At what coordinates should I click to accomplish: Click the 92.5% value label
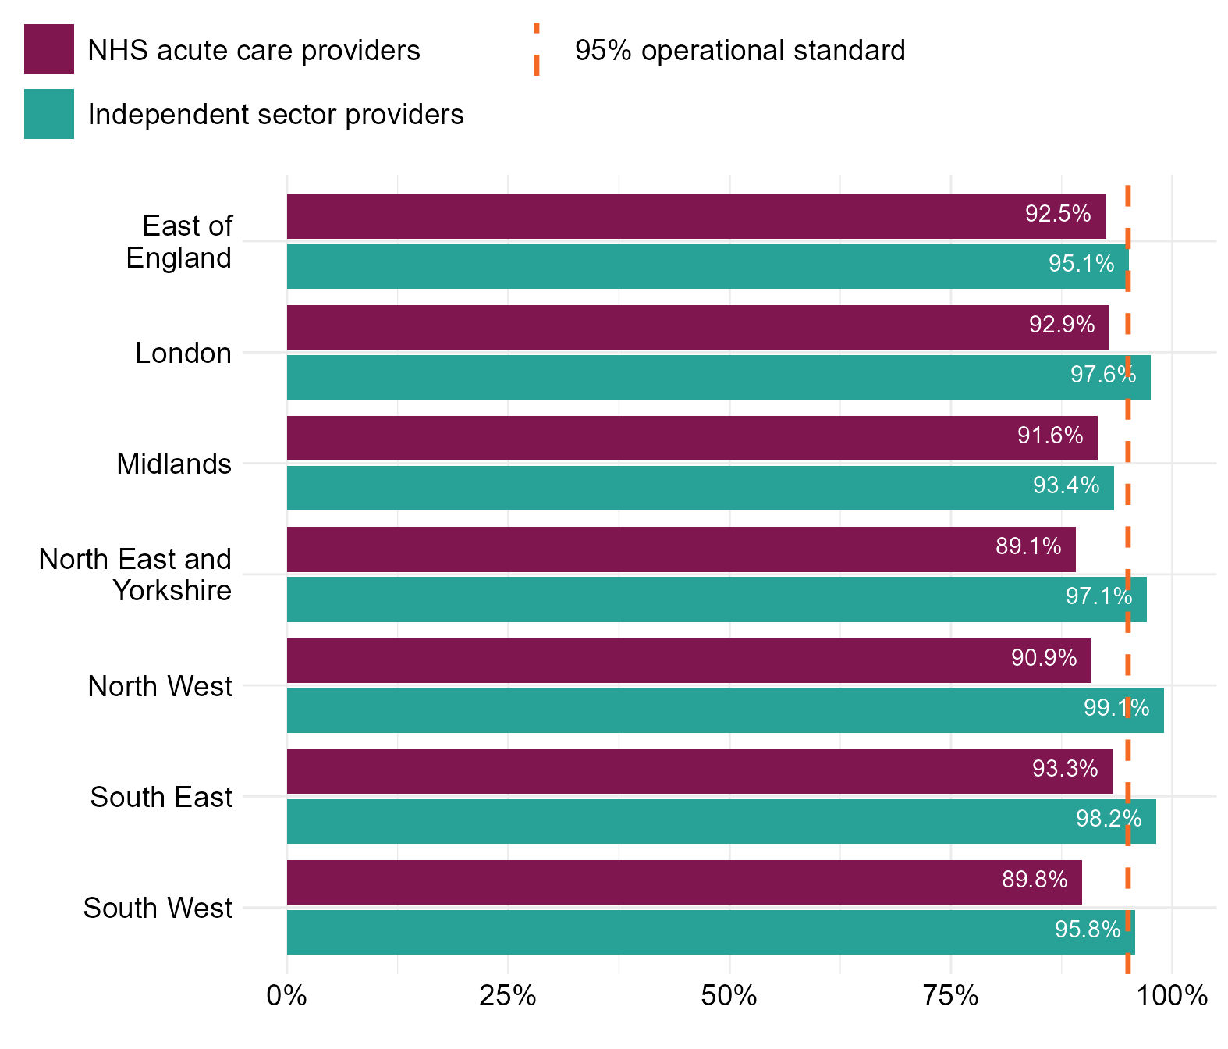coord(1057,214)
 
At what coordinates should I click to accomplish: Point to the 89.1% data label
coord(1027,546)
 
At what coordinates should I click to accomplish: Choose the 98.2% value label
coord(1108,819)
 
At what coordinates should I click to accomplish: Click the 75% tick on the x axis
coord(950,997)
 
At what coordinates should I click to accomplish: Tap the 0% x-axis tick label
coord(286,997)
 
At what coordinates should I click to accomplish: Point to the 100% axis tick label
coord(1172,997)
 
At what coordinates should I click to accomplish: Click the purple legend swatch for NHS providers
coord(49,49)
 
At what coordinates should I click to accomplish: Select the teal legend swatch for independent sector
coord(49,114)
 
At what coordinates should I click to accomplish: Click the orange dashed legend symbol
coord(537,49)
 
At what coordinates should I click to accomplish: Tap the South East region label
coord(161,798)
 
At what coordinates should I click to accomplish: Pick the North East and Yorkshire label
coord(135,575)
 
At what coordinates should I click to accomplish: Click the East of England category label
coord(179,242)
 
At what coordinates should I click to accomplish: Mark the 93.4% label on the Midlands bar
coord(1066,486)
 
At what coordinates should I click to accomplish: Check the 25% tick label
coord(508,997)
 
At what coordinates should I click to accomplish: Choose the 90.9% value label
coord(1044,659)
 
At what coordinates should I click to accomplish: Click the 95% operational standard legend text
coord(740,51)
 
